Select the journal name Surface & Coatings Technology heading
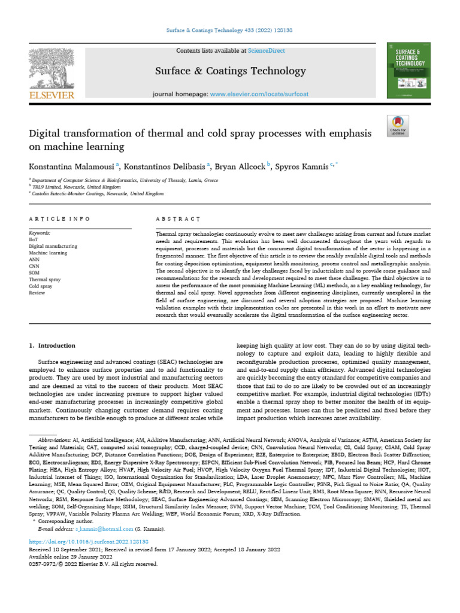[230, 71]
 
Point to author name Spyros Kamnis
[302, 166]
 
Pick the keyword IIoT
[35, 239]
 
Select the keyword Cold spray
[41, 286]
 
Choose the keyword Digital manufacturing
[53, 247]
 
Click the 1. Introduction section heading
[52, 346]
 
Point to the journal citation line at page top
[230, 29]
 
